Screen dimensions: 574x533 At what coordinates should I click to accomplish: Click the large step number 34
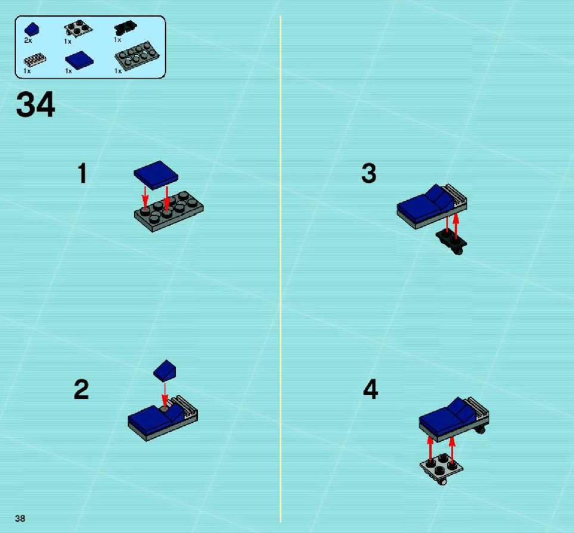[x=36, y=105]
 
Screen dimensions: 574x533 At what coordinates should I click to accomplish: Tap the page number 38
[x=20, y=518]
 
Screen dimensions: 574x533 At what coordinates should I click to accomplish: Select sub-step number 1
[x=82, y=173]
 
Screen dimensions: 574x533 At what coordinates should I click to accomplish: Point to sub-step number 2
[x=81, y=389]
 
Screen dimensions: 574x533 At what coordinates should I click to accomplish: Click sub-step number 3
[x=368, y=173]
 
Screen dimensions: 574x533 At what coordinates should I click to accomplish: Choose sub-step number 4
[x=370, y=389]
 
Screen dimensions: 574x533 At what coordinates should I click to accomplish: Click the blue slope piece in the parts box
[x=32, y=29]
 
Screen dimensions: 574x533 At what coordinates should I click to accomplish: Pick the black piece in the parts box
[x=125, y=28]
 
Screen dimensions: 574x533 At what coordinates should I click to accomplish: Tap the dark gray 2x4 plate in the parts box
[x=137, y=55]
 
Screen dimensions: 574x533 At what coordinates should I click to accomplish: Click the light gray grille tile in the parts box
[x=35, y=60]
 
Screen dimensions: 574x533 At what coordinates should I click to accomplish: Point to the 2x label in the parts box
[x=28, y=40]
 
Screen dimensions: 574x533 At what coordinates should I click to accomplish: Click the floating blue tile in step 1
[x=156, y=174]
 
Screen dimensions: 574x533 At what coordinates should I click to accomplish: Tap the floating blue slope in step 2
[x=165, y=370]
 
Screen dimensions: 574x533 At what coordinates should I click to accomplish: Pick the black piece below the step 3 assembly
[x=451, y=242]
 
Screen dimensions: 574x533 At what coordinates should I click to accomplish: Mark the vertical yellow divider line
[x=281, y=269]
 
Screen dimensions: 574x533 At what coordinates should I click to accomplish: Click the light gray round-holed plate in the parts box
[x=78, y=28]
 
